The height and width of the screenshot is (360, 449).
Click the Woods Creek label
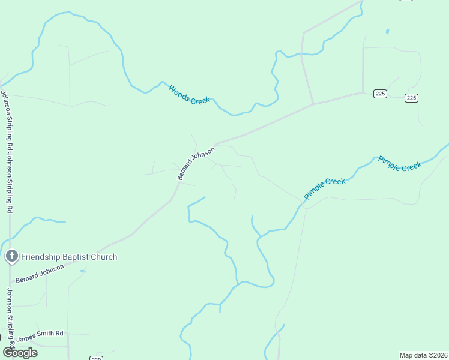[x=189, y=95]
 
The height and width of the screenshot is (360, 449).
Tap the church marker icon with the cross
[x=11, y=257]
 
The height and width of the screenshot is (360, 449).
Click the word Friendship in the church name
[x=42, y=257]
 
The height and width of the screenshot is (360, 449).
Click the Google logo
[x=20, y=352]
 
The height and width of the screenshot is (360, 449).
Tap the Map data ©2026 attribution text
[x=424, y=355]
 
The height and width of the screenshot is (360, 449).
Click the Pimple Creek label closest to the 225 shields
[x=400, y=164]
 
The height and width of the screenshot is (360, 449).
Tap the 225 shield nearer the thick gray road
[x=380, y=94]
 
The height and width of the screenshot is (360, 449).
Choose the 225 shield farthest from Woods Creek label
[x=411, y=98]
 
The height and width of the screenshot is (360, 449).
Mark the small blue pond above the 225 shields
[x=387, y=31]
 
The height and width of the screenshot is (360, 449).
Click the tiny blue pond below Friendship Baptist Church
[x=83, y=271]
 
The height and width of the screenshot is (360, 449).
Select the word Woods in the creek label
[x=179, y=90]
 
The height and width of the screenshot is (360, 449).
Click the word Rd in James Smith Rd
[x=59, y=333]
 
